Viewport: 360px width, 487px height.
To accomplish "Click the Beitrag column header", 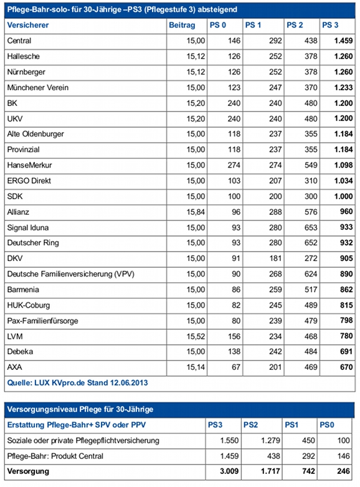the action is [x=182, y=25].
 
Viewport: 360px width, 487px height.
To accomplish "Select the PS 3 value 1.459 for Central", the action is [x=344, y=40].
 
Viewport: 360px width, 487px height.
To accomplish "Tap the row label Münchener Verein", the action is [x=38, y=88].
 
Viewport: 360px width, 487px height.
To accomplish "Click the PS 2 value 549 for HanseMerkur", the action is [x=311, y=165].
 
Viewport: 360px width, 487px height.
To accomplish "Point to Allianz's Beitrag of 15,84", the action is [x=196, y=212].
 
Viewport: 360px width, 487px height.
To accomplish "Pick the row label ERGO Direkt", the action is [x=29, y=181].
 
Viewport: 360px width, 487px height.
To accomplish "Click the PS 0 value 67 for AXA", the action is [x=236, y=367].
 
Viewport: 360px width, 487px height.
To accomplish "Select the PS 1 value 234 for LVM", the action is [x=275, y=336].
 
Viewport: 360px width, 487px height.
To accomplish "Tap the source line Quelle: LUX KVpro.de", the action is [x=78, y=382].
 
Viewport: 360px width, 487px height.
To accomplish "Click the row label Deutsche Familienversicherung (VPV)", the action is [x=71, y=274].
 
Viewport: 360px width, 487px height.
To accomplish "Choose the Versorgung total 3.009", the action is [x=229, y=471].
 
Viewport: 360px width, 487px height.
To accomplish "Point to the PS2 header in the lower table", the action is [x=250, y=425].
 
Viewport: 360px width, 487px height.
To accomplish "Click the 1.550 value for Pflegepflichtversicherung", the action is [x=229, y=440].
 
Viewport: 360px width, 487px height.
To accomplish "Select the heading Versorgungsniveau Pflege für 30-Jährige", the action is [x=80, y=409].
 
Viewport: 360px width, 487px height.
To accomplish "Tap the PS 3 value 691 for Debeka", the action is [x=346, y=352].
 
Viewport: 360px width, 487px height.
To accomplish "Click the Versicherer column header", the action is [x=28, y=25].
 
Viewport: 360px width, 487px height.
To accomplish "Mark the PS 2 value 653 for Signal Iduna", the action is [x=311, y=228].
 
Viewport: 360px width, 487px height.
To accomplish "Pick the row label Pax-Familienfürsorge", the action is [x=43, y=321].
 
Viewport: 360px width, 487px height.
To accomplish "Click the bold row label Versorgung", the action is [x=28, y=471].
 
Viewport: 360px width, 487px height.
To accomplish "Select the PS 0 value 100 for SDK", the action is [x=234, y=196].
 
